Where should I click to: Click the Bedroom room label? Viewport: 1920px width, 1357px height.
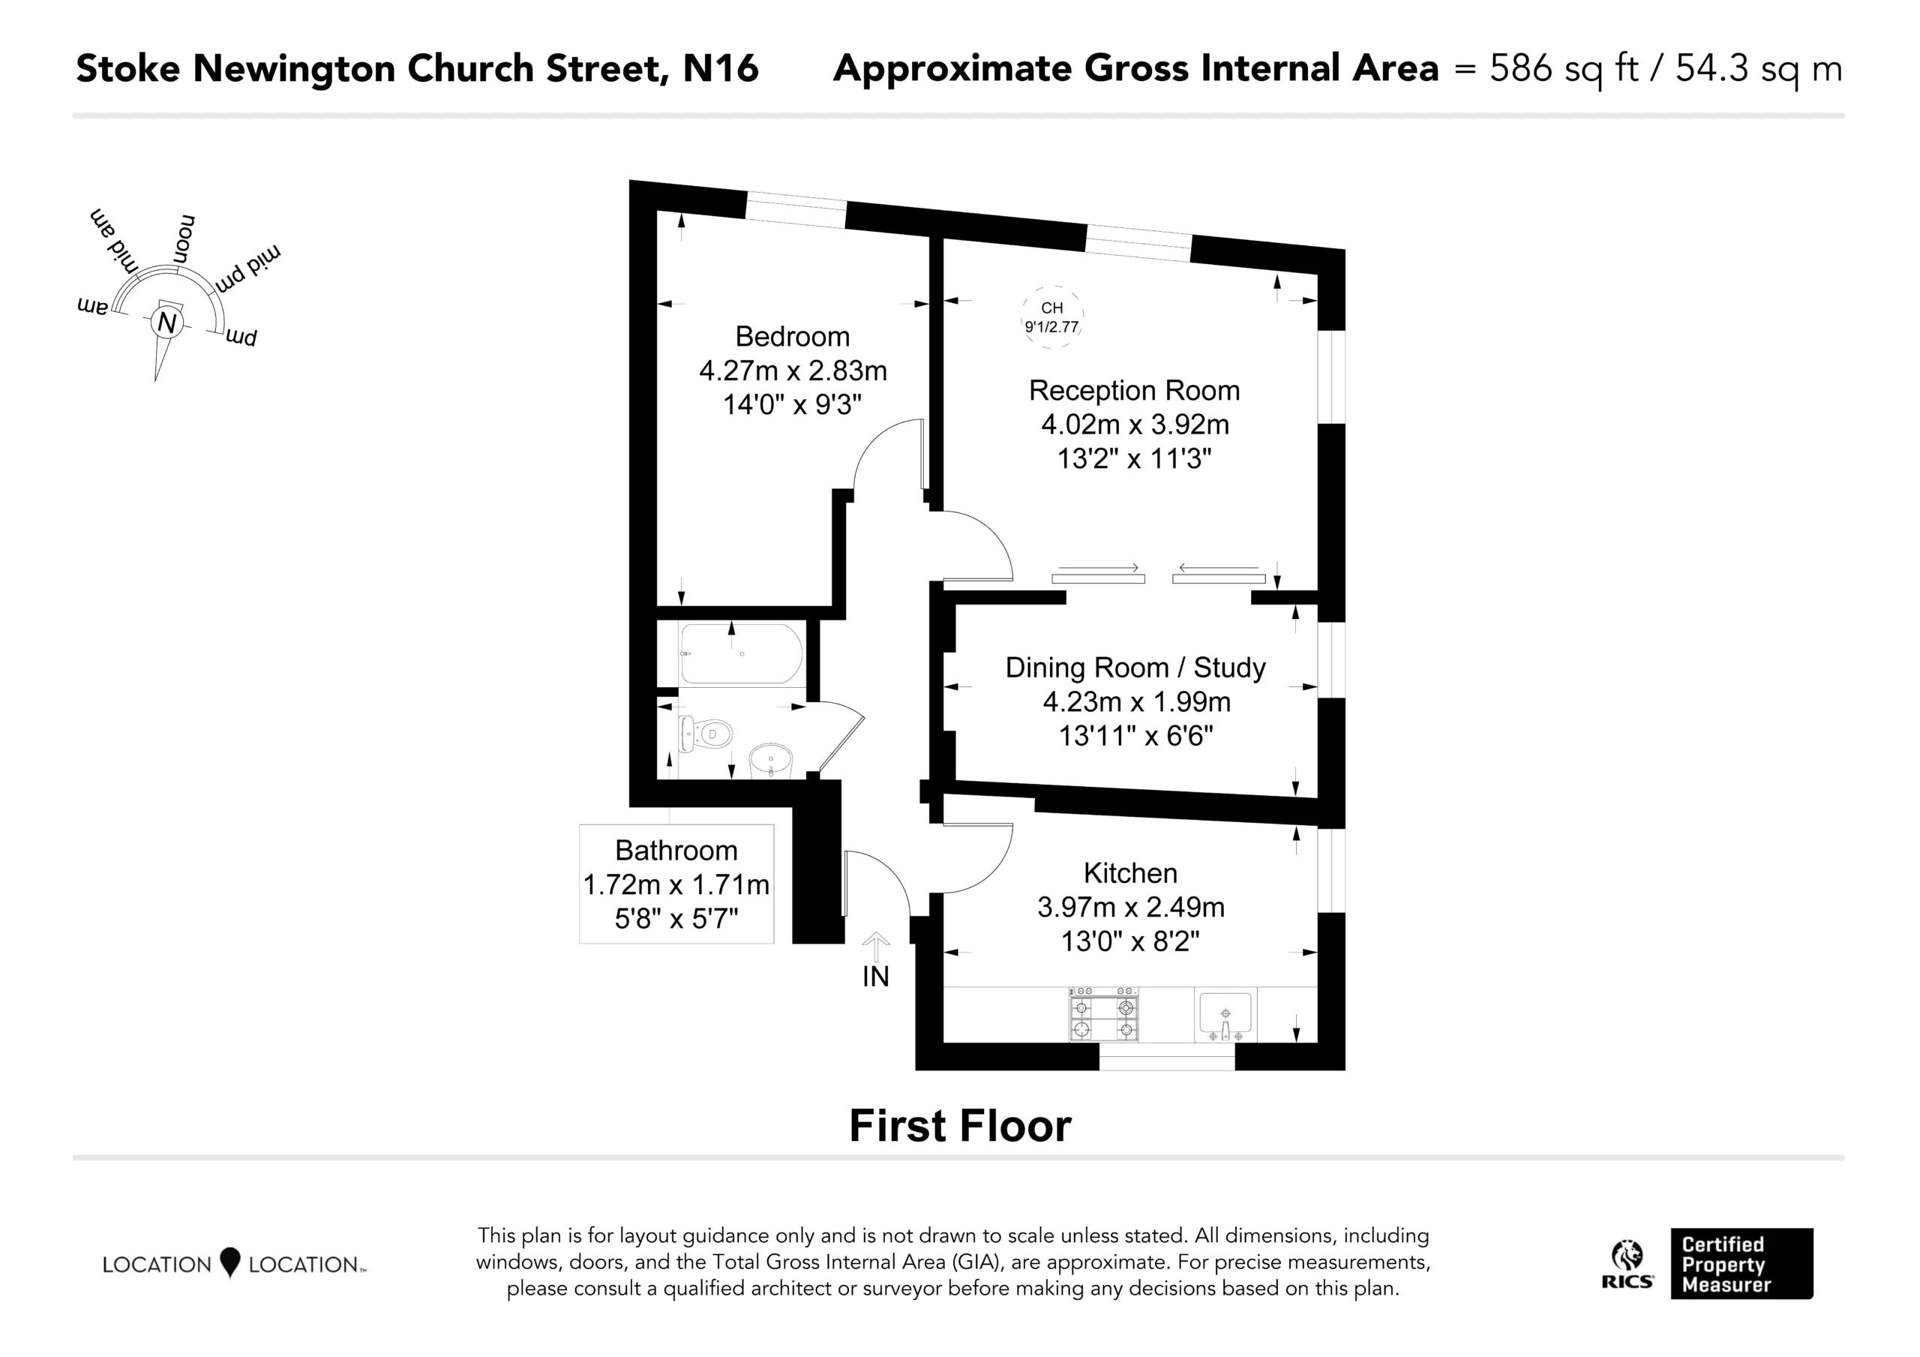792,336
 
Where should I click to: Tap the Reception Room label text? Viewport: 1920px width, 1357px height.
1134,391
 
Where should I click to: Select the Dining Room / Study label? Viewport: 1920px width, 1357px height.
1135,668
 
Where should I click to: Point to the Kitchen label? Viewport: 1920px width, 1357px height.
1129,872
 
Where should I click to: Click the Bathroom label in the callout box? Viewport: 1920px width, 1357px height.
676,850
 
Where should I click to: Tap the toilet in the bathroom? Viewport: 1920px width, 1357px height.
705,734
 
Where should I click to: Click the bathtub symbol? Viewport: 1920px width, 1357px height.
741,653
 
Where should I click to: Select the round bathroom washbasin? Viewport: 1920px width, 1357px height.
770,762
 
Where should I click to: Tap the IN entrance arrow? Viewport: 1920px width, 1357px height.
875,948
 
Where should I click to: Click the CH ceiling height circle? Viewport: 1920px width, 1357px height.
1052,317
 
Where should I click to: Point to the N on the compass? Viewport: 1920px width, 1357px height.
167,323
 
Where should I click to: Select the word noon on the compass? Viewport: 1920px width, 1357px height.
184,240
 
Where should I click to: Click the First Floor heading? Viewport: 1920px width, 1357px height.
960,1126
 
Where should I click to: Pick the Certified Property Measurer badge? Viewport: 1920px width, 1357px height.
1742,1263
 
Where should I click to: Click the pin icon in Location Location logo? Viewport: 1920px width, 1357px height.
230,1262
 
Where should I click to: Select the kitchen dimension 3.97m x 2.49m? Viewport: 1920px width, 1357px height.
1130,907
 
